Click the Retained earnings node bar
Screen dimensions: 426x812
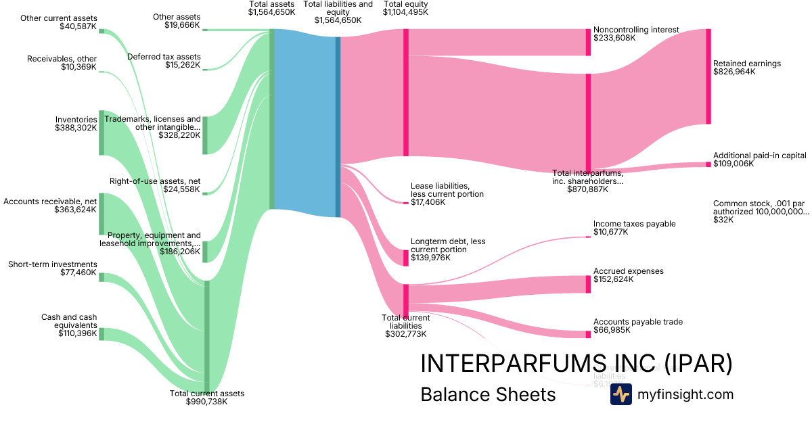(x=708, y=76)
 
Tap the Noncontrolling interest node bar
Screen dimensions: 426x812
(x=588, y=42)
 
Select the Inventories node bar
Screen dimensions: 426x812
(x=101, y=133)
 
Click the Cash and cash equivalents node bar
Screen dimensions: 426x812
(x=101, y=334)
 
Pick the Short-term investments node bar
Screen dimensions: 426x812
(x=101, y=277)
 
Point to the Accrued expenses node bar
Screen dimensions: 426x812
(x=588, y=284)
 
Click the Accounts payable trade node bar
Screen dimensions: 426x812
(x=588, y=334)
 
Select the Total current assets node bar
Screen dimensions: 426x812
(x=207, y=336)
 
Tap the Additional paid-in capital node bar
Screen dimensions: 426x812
(x=708, y=164)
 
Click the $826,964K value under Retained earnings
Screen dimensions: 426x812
(x=734, y=72)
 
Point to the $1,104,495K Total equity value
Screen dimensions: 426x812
(x=405, y=12)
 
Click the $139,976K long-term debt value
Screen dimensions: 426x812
(x=431, y=258)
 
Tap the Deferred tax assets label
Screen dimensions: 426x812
(x=164, y=57)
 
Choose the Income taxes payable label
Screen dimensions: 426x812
(x=634, y=224)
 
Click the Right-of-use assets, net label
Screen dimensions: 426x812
(x=155, y=181)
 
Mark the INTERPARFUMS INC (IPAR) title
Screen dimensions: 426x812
(x=576, y=363)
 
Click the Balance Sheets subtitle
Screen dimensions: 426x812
(x=488, y=395)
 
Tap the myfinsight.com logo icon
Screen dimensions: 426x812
(x=621, y=394)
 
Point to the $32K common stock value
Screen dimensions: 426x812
(x=721, y=219)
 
